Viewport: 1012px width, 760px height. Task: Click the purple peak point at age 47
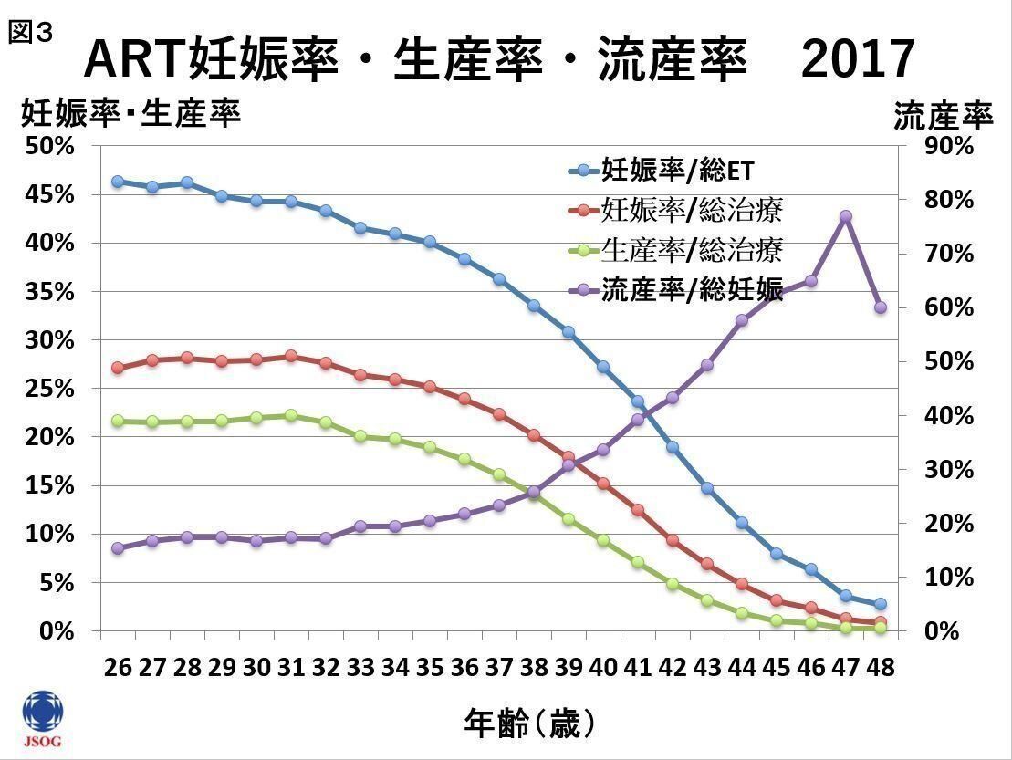(846, 216)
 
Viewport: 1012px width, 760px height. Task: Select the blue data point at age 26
(118, 182)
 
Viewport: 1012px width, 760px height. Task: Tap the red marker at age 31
(291, 356)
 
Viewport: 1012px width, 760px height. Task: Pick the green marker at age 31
(291, 415)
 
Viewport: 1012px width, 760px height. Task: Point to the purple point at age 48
(881, 307)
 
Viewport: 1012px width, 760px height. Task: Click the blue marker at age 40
(603, 367)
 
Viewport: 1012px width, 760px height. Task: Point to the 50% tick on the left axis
(56, 146)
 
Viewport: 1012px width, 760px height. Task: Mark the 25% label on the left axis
(56, 389)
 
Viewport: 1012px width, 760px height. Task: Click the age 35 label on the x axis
(430, 668)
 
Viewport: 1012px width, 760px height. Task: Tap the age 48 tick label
(881, 668)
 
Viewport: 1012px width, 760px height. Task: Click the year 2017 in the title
(859, 60)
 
